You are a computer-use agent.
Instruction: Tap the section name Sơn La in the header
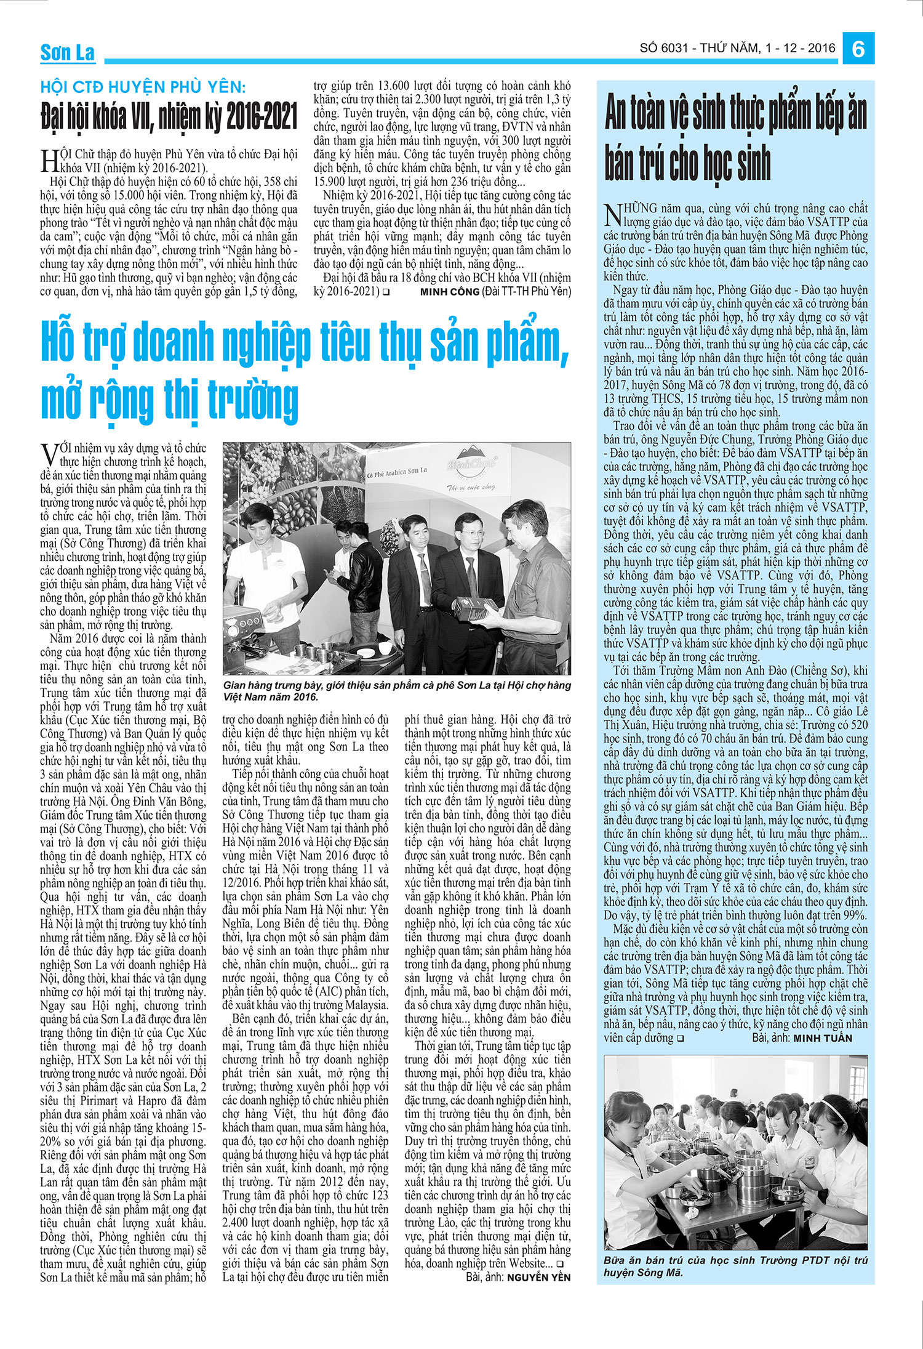[67, 53]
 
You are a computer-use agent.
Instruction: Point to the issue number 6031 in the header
[673, 48]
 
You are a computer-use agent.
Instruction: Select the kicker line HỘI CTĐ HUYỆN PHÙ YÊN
[143, 87]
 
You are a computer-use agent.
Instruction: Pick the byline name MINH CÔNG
[449, 292]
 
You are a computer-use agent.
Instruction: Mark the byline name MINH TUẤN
[823, 1038]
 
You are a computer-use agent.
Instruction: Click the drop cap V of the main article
[49, 456]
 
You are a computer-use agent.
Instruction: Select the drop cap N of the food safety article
[612, 215]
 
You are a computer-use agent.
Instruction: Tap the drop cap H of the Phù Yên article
[49, 161]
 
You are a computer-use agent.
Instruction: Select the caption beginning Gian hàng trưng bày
[397, 691]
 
